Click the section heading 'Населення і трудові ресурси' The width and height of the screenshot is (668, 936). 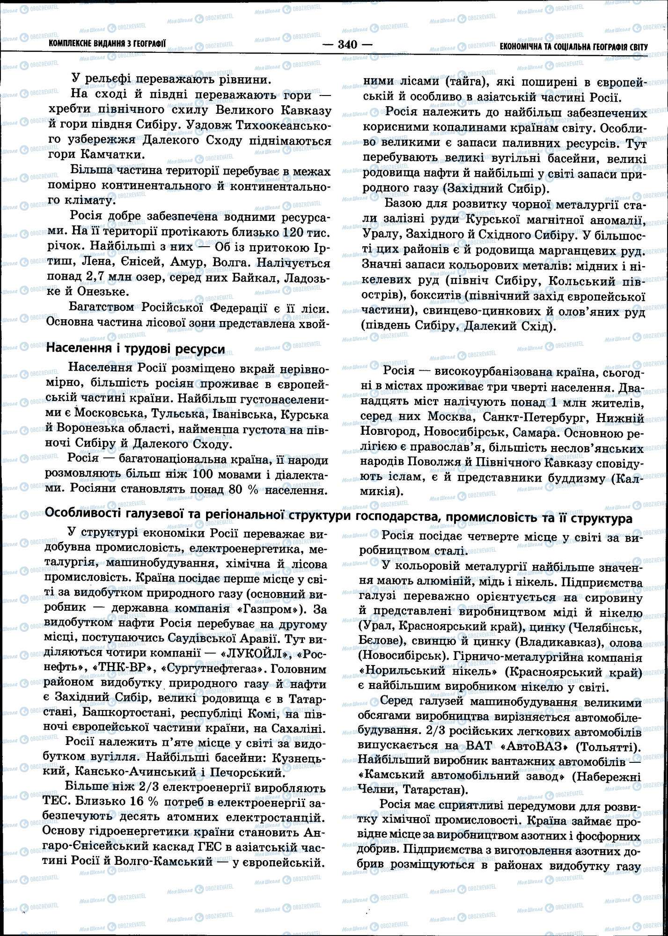135,349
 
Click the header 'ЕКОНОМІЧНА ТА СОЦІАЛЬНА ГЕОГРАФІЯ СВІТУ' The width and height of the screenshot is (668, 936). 573,47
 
